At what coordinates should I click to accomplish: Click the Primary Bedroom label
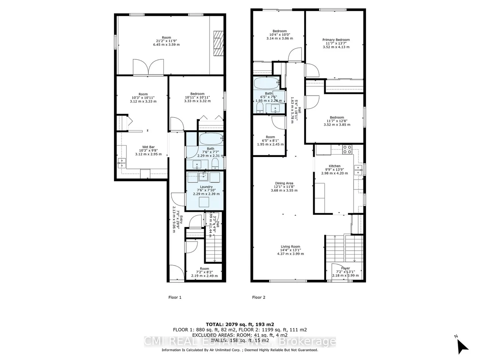[336, 40]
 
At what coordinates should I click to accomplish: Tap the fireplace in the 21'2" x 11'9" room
[218, 43]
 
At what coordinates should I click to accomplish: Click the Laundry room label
[206, 187]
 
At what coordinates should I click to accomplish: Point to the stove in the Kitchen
[347, 150]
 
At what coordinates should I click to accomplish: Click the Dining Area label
[284, 183]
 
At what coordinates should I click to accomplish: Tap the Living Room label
[290, 247]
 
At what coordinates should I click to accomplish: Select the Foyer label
[345, 268]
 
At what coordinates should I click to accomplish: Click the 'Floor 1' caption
[175, 297]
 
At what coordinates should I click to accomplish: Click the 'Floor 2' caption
[258, 297]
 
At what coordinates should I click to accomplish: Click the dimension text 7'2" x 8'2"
[204, 272]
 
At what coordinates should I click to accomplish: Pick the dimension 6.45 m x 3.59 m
[166, 45]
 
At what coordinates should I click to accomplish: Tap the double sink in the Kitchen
[357, 170]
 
